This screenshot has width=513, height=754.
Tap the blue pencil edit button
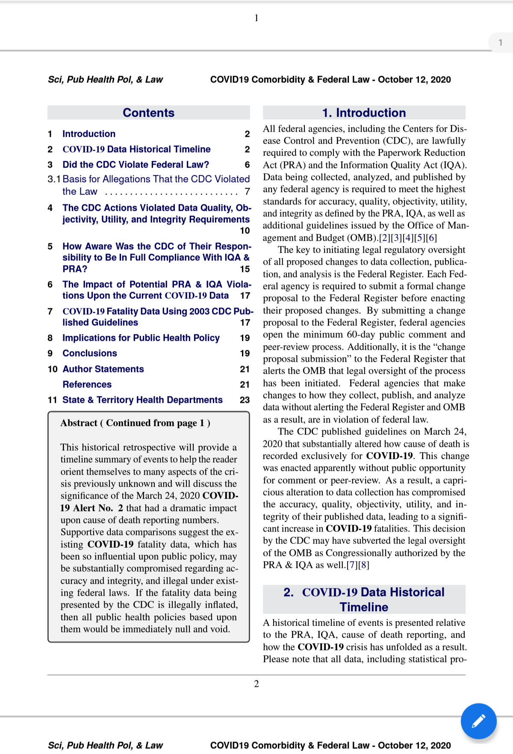tap(478, 721)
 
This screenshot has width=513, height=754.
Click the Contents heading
tap(148, 113)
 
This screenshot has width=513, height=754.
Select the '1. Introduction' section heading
tap(364, 113)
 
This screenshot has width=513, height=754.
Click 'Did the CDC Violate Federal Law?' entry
tap(136, 165)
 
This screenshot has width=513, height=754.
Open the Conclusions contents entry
tap(90, 353)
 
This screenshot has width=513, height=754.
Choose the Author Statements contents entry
tap(103, 369)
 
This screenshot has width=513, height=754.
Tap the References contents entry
tap(87, 384)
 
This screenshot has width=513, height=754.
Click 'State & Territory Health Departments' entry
tap(142, 400)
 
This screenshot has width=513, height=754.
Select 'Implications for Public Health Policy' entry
tap(141, 338)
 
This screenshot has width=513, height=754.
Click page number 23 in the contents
tap(245, 400)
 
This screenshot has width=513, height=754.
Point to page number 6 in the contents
tap(247, 165)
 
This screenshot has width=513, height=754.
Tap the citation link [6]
tap(431, 238)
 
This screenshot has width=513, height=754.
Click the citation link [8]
tap(364, 565)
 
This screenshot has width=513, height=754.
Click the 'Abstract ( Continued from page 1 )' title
tap(135, 423)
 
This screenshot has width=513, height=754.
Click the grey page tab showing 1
tap(501, 43)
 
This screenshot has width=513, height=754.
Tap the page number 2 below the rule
tap(256, 684)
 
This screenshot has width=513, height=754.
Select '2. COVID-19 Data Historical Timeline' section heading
tap(364, 600)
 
